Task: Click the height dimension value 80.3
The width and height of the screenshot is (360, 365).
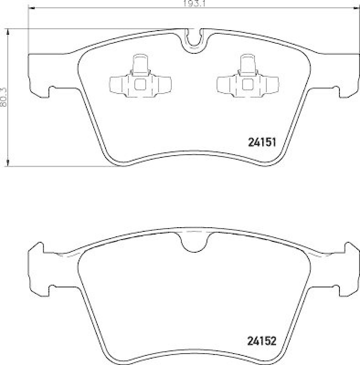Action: tap(4, 97)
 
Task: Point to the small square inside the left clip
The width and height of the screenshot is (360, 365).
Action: tap(140, 84)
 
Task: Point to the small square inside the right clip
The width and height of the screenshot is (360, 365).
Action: tap(248, 84)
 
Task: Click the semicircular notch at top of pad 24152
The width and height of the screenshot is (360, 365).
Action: tap(194, 241)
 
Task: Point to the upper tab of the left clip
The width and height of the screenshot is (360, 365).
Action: tap(140, 63)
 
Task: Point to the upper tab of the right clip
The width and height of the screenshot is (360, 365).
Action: tap(248, 63)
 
